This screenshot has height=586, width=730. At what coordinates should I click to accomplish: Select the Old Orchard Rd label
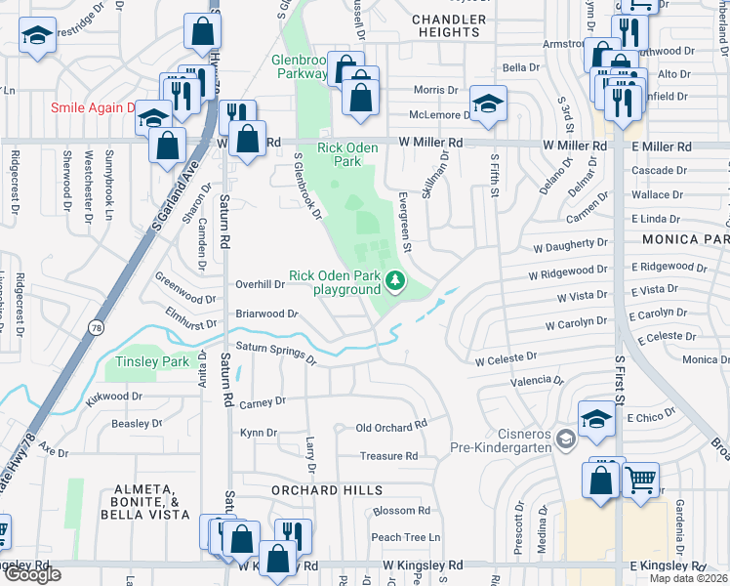391,427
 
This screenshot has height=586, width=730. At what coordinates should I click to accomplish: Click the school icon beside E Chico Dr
596,418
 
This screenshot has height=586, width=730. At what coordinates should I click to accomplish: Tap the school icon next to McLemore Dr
488,103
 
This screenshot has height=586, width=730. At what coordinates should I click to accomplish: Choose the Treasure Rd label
388,456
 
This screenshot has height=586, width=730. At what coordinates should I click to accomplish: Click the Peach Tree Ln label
405,537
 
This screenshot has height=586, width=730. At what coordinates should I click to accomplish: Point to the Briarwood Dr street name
265,314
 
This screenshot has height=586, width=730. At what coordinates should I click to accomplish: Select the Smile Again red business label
94,107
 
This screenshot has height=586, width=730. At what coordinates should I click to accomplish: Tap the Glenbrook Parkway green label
299,66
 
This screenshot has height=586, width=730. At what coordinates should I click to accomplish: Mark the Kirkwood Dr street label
113,398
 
